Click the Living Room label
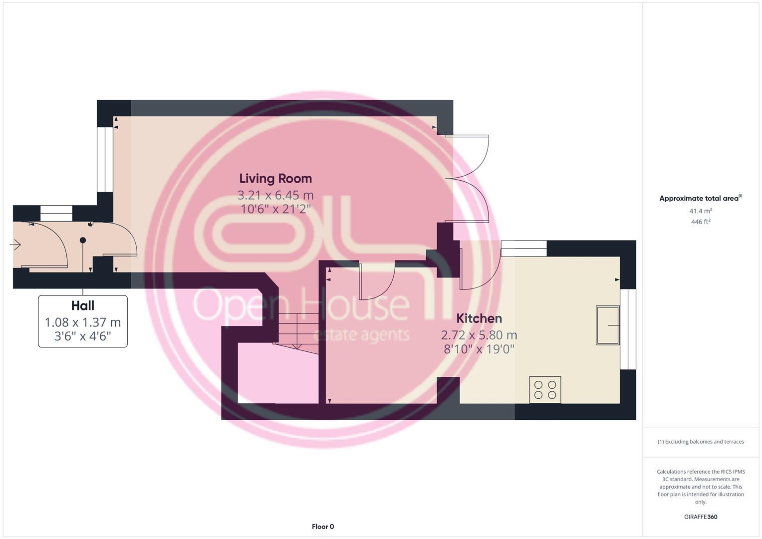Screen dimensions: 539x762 pyautogui.click(x=275, y=178)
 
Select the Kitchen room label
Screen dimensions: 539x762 pyautogui.click(x=479, y=318)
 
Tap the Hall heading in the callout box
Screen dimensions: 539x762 pyautogui.click(x=83, y=305)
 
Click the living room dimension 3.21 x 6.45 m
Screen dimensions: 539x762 pyautogui.click(x=275, y=195)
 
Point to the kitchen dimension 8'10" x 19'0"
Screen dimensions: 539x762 pyautogui.click(x=479, y=349)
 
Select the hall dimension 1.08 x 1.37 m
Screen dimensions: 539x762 pyautogui.click(x=83, y=322)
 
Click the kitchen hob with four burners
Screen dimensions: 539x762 pyautogui.click(x=545, y=390)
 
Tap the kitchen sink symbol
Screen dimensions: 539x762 pyautogui.click(x=607, y=325)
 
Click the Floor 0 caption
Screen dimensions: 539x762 pyautogui.click(x=323, y=527)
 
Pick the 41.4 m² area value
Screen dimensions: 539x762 pyautogui.click(x=701, y=211)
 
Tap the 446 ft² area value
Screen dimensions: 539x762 pyautogui.click(x=701, y=222)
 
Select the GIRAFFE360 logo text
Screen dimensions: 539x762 pyautogui.click(x=701, y=517)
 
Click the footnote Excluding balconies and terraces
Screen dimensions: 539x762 pyautogui.click(x=701, y=442)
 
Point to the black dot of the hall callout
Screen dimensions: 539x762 pyautogui.click(x=83, y=240)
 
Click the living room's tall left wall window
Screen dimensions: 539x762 pyautogui.click(x=105, y=160)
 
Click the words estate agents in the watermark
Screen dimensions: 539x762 pyautogui.click(x=361, y=334)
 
